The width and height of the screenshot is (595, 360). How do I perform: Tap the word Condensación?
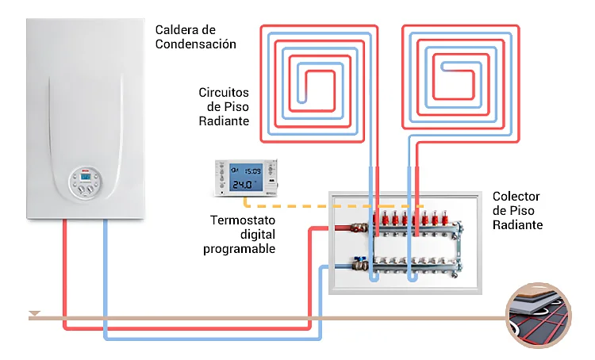tap(195, 44)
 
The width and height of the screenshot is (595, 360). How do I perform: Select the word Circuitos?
tap(224, 93)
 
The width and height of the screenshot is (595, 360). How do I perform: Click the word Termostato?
tap(243, 220)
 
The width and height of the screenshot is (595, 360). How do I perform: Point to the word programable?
tap(239, 249)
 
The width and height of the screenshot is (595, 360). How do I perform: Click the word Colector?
tap(516, 197)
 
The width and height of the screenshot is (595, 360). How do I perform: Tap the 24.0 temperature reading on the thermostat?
tap(243, 185)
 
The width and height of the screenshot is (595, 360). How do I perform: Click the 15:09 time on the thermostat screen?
tap(252, 171)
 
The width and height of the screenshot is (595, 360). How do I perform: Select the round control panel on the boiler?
tap(86, 182)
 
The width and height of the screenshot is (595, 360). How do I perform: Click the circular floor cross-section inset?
tap(539, 316)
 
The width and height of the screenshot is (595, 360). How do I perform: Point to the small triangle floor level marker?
tap(35, 313)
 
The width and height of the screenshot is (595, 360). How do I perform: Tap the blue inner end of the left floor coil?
tap(302, 101)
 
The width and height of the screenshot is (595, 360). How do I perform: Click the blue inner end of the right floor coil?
tap(444, 67)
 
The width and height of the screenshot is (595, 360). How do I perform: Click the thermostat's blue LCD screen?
tap(245, 178)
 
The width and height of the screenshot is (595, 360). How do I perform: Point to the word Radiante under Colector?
tap(517, 225)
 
